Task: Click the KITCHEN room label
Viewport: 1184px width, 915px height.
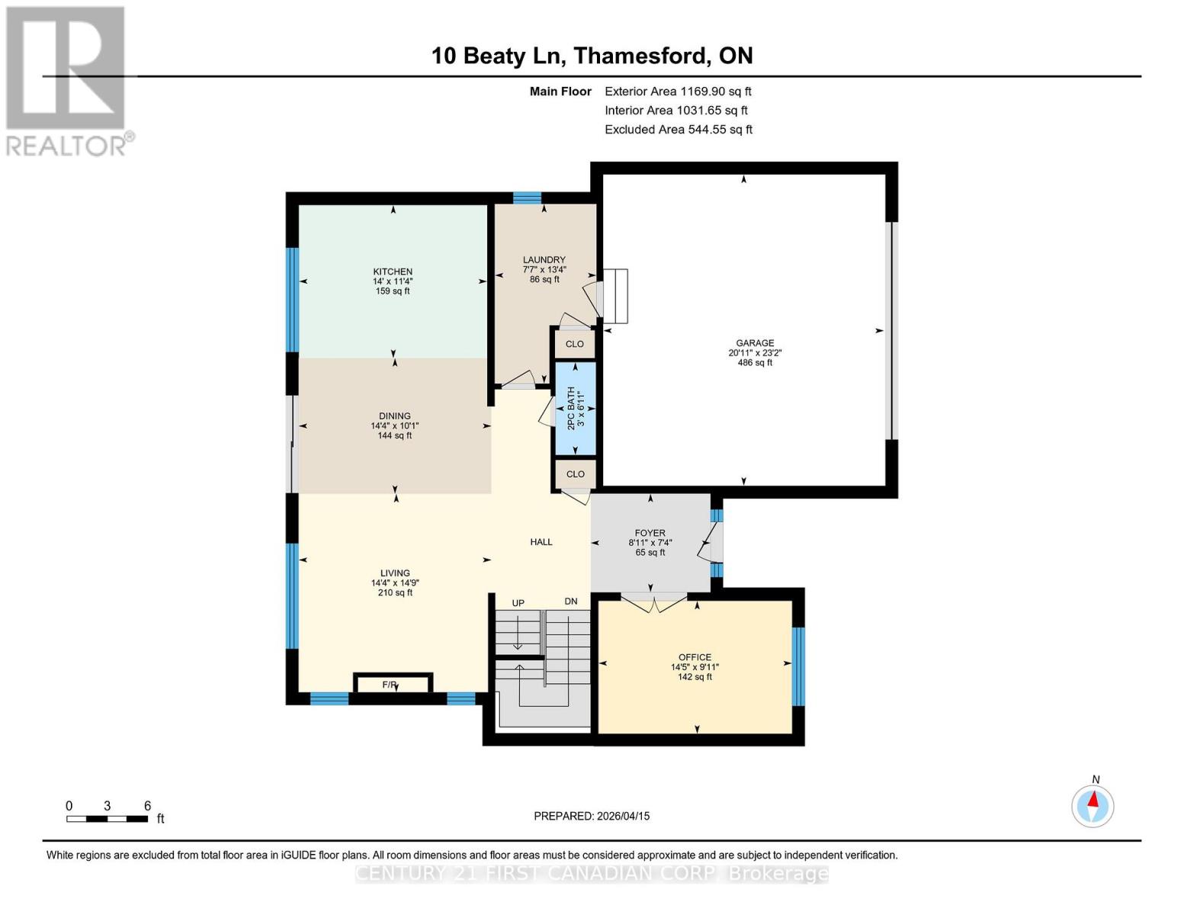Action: tap(393, 271)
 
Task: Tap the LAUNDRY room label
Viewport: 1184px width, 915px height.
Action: tap(544, 260)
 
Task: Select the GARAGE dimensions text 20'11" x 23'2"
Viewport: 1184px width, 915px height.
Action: tap(755, 353)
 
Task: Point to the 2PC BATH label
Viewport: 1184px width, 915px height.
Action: tap(571, 409)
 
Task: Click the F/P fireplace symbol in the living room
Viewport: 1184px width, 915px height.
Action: tap(393, 684)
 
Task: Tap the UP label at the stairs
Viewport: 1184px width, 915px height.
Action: tap(518, 603)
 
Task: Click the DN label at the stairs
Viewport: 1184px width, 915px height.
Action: tap(570, 602)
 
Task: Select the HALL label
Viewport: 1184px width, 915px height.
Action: tap(541, 542)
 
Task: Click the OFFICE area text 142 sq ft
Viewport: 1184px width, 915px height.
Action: tap(695, 677)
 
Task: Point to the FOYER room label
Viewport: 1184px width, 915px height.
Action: tap(650, 533)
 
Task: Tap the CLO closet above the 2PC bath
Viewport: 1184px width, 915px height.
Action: tap(575, 344)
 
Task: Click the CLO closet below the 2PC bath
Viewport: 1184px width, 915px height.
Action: tap(575, 474)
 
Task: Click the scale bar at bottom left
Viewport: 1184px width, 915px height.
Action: tap(107, 819)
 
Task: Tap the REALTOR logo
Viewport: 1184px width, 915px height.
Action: tap(67, 80)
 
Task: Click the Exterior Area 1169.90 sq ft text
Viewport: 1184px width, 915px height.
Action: tap(678, 91)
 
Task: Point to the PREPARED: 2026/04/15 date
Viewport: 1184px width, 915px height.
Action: tap(592, 816)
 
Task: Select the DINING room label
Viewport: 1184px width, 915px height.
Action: tap(394, 416)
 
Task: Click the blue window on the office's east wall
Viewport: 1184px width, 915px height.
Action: tap(798, 666)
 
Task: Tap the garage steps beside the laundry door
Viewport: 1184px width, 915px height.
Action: tap(615, 296)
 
